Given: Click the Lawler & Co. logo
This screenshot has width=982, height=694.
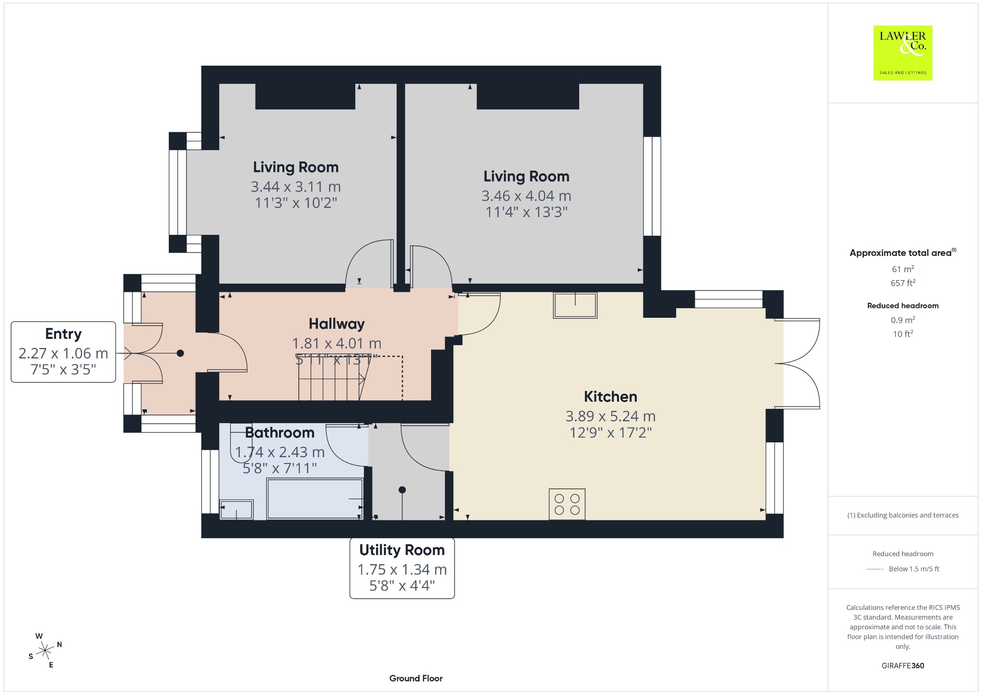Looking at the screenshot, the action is tap(902, 53).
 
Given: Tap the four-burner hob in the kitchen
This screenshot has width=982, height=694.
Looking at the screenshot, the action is tap(567, 504).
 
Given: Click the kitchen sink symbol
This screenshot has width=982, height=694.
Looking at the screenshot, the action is tap(575, 305).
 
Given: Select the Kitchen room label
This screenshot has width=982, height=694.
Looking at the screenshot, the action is tap(610, 396).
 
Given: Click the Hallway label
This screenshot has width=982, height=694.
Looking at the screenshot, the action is tap(337, 324).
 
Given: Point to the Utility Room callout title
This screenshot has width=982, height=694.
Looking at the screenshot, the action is tap(402, 550).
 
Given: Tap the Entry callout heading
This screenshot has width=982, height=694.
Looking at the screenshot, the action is tap(63, 334).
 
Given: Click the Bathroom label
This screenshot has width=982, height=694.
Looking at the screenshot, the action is tap(280, 432).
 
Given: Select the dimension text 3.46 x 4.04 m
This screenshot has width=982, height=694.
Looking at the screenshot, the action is tap(526, 196).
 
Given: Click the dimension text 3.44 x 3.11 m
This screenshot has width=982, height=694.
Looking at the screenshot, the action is tap(296, 186).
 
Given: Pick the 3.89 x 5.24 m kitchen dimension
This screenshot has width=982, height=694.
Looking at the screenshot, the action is tap(610, 416).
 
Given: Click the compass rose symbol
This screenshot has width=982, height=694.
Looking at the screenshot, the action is tap(45, 650).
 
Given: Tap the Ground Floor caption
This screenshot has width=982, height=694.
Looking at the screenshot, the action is tap(416, 678).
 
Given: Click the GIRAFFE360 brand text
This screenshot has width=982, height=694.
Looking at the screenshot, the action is tap(903, 666).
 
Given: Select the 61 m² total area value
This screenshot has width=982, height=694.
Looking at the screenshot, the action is tap(903, 269).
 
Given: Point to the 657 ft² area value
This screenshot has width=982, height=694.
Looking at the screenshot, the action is tap(903, 283).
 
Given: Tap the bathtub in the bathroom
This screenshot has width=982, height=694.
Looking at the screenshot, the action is tap(315, 498).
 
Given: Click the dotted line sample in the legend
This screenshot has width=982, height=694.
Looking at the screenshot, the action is tap(875, 569).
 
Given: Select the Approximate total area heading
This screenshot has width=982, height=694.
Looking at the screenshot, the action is tap(903, 253).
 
